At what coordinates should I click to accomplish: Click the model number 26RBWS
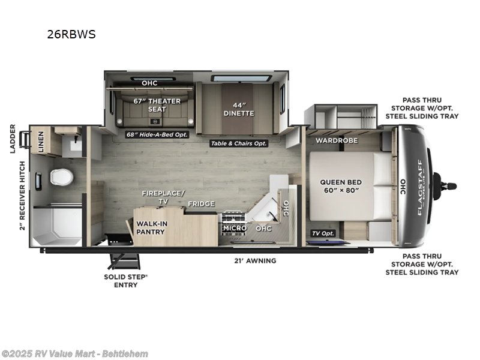[x=71, y=34]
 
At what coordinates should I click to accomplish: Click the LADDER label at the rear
[x=12, y=139]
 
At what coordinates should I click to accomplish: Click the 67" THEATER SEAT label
[x=157, y=105]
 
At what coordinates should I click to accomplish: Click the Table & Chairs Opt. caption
[x=238, y=143]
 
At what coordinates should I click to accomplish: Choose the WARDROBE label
[x=337, y=140]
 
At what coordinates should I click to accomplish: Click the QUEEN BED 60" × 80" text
[x=339, y=185]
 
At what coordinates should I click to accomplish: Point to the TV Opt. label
[x=322, y=232]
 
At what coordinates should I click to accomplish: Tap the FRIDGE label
[x=201, y=204]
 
